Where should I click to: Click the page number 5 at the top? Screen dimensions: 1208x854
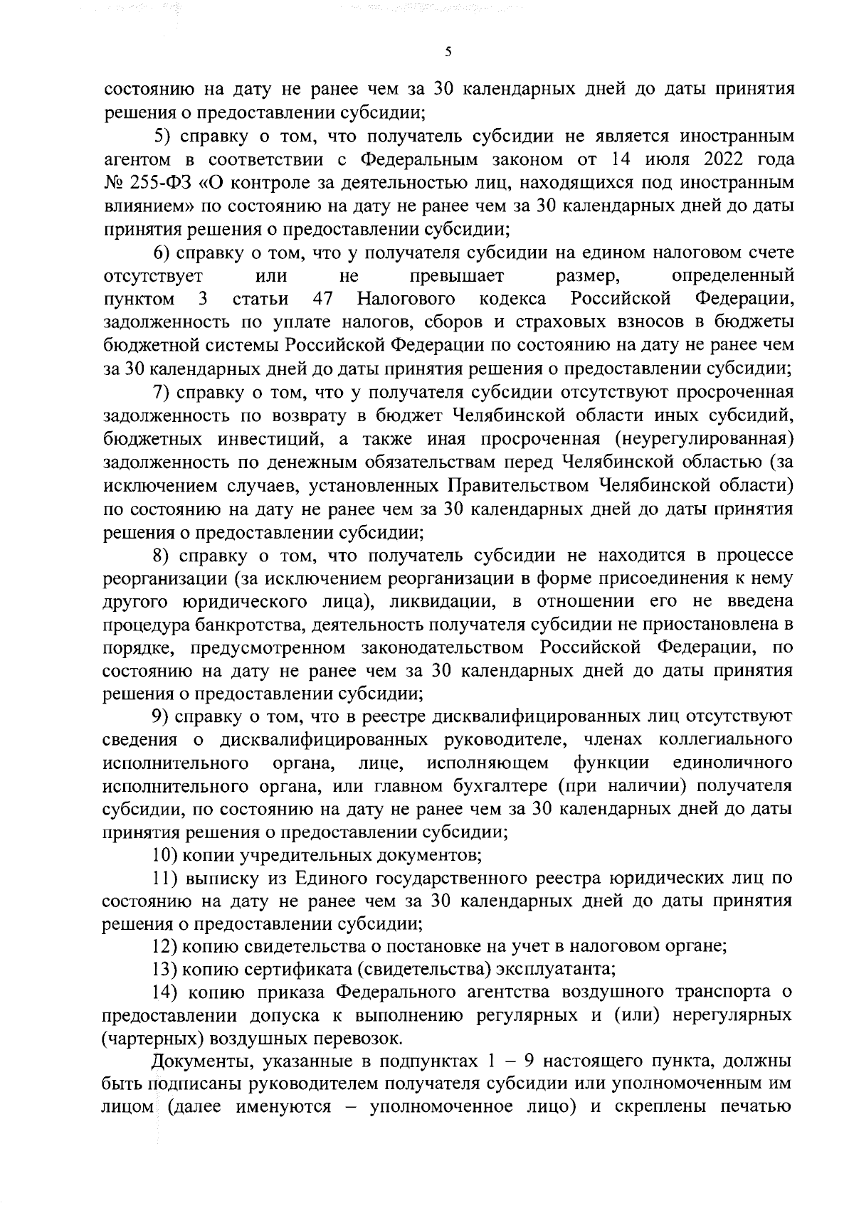click(448, 51)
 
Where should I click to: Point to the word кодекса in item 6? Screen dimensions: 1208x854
click(512, 300)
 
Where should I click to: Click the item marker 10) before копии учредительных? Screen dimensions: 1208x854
click(167, 854)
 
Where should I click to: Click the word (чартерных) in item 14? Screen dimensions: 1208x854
click(147, 1038)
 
